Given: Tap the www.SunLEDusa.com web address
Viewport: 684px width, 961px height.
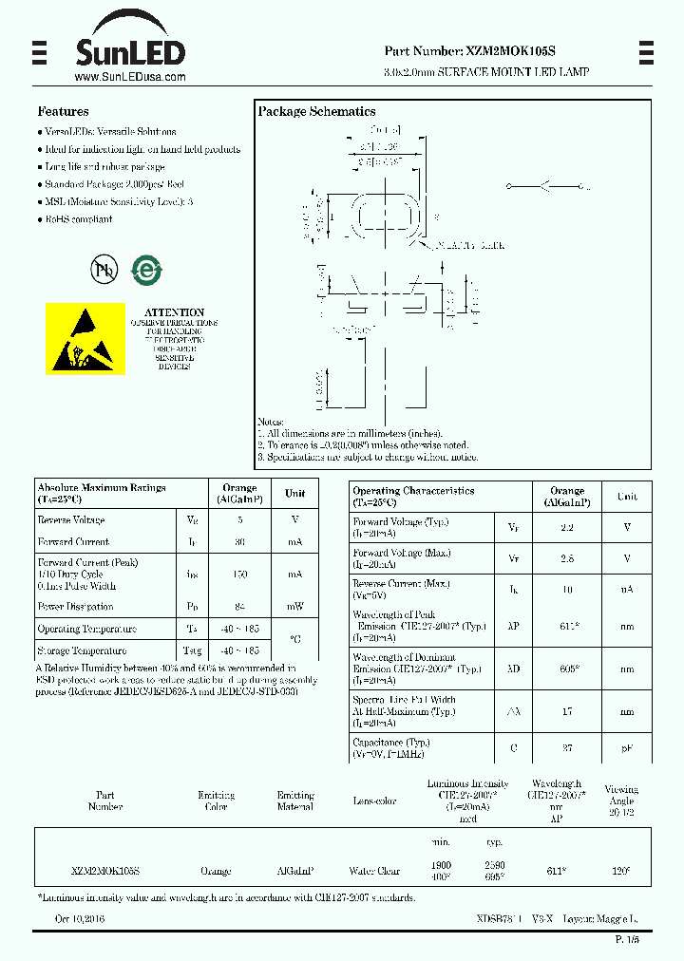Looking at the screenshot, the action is (129, 77).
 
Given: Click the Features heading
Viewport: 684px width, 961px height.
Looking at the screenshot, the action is (63, 111).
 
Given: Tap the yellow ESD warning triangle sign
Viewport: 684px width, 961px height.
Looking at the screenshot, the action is (85, 339).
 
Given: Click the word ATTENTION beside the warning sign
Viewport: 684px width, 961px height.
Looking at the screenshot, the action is (174, 312).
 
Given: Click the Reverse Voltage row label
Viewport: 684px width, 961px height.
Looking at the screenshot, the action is (71, 520).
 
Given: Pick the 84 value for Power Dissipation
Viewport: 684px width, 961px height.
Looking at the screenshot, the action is (239, 607).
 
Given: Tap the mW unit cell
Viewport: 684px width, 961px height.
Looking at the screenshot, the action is (294, 607).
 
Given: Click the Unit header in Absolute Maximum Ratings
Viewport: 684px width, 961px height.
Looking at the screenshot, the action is (294, 493).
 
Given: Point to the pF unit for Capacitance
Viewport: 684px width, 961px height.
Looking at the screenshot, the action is (627, 748).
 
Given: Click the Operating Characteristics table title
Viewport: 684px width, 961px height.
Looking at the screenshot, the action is (413, 491).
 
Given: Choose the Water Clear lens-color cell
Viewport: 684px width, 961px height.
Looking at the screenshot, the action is (374, 871).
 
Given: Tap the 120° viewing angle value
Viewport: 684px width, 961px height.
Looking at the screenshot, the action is (621, 871).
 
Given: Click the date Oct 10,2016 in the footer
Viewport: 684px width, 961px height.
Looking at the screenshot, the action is (80, 920).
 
